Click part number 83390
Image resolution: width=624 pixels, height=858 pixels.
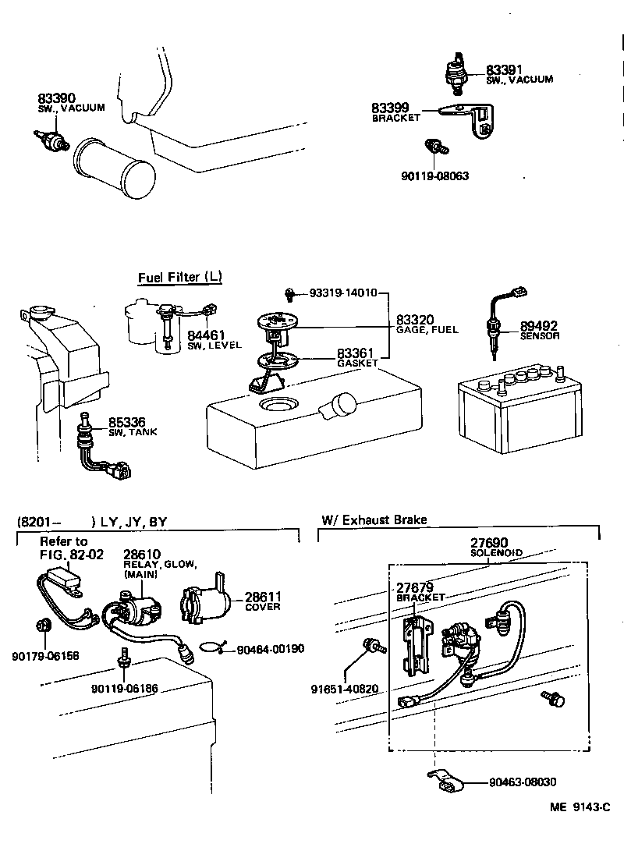click(x=56, y=98)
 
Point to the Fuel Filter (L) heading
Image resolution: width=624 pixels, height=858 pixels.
click(x=180, y=278)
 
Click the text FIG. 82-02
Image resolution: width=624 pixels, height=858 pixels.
click(x=72, y=555)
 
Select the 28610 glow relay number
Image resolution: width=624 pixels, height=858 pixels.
click(x=142, y=555)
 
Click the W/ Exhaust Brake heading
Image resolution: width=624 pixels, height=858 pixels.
click(x=374, y=520)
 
